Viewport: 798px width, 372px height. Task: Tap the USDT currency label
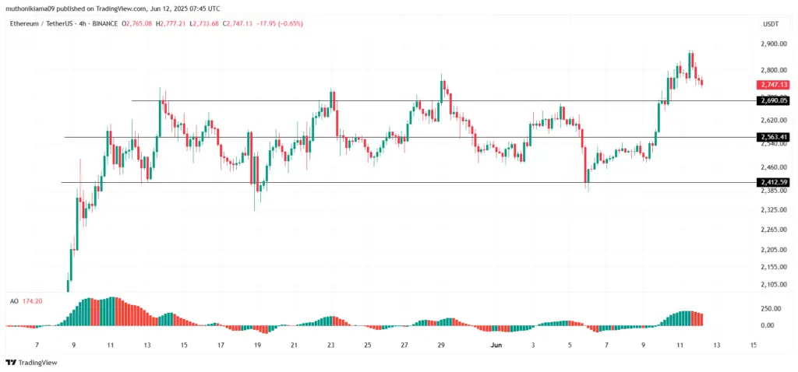771,24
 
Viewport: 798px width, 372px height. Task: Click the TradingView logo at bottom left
27,362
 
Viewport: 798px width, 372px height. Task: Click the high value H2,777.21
171,24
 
